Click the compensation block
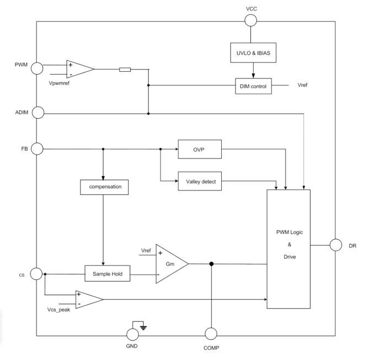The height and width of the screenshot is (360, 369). click(x=104, y=187)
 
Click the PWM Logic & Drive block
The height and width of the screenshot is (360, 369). click(x=288, y=249)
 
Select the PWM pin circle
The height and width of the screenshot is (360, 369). click(x=37, y=69)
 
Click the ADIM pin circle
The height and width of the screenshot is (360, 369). click(x=37, y=113)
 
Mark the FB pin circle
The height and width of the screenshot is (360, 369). click(x=37, y=149)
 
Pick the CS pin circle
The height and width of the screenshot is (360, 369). click(x=37, y=273)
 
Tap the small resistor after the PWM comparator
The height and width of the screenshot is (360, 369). click(x=125, y=70)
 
